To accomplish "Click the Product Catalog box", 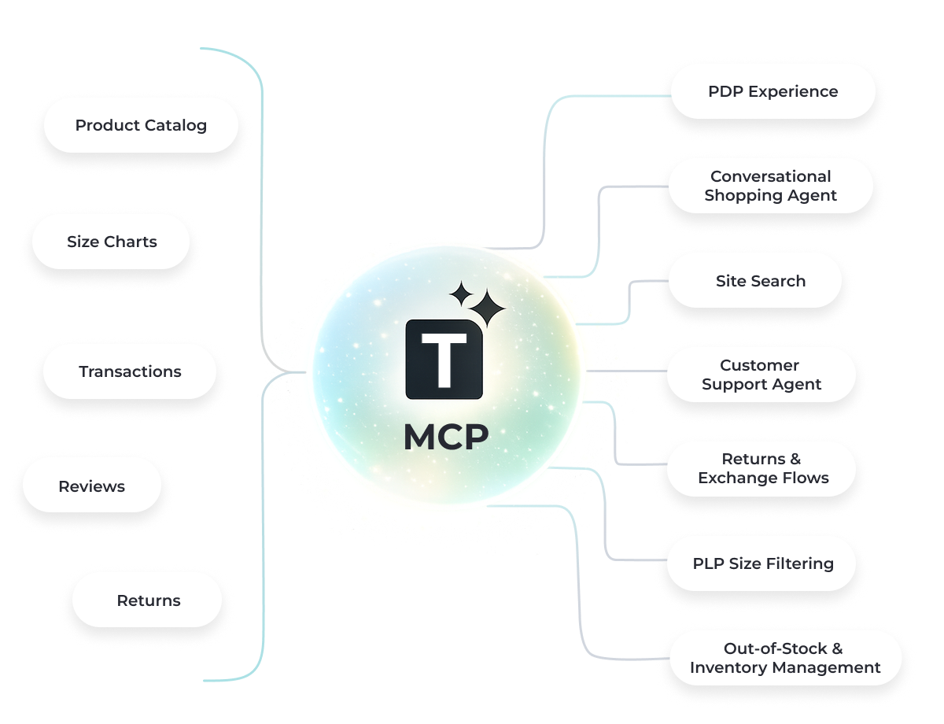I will click(x=141, y=125).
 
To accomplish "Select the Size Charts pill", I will click(x=111, y=242).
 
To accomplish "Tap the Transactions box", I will click(x=130, y=371).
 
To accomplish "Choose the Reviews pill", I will click(x=91, y=486).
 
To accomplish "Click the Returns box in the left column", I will click(x=148, y=600).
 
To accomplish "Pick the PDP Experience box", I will click(x=773, y=91).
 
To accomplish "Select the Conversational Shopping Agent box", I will click(x=770, y=186).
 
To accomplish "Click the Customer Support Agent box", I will click(x=761, y=375).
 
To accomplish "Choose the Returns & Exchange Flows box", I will click(x=762, y=468).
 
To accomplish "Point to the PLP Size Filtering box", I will click(x=761, y=563).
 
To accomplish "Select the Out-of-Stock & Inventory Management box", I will click(x=784, y=658).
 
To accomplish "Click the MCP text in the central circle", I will click(x=445, y=438).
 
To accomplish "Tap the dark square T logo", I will click(x=444, y=359).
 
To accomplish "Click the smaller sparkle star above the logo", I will click(x=461, y=295).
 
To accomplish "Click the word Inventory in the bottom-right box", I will click(x=725, y=667).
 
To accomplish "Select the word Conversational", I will click(x=770, y=176).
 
